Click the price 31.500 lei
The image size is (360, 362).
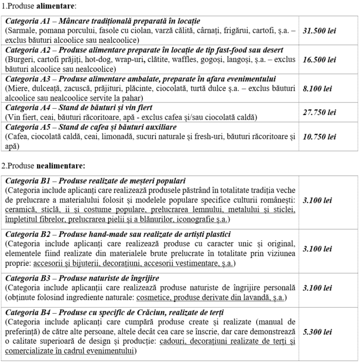coord(319,31)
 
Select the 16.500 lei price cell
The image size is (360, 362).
coord(319,60)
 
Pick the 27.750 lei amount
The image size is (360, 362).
coord(319,112)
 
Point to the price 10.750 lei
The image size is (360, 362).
coord(319,137)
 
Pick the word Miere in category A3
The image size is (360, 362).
coord(16,88)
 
